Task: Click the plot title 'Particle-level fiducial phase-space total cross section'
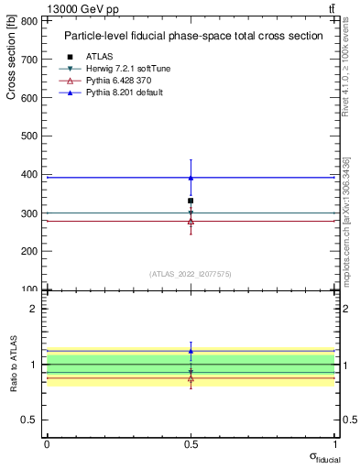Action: point(192,37)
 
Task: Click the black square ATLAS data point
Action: point(191,201)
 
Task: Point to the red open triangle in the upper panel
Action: point(191,221)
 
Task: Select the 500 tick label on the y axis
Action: point(32,136)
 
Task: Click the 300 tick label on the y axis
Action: point(32,213)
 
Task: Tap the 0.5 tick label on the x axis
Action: point(191,444)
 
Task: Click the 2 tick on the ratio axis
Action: point(35,309)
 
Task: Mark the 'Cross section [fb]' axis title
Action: point(12,58)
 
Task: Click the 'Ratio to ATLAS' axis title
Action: point(13,364)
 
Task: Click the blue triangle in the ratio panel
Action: point(191,351)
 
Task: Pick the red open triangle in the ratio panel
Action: point(191,377)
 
